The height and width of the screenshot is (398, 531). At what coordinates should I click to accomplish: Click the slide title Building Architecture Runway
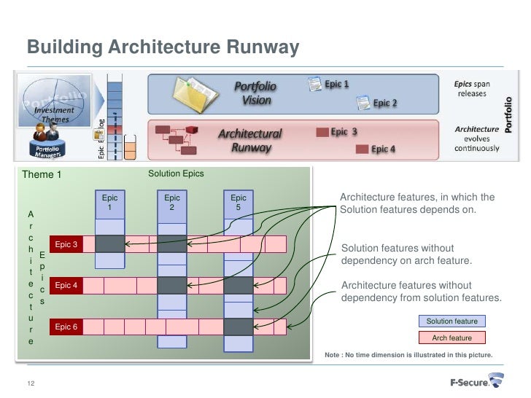163,47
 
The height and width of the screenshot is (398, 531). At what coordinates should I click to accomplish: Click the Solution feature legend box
452,321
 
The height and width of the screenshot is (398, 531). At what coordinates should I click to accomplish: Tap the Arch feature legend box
452,337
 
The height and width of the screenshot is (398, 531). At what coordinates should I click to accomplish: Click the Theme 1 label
42,174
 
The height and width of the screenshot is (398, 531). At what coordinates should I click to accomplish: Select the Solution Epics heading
176,173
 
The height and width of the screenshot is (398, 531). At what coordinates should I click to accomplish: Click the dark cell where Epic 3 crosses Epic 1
110,244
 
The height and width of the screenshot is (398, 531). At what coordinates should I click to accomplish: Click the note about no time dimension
408,355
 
